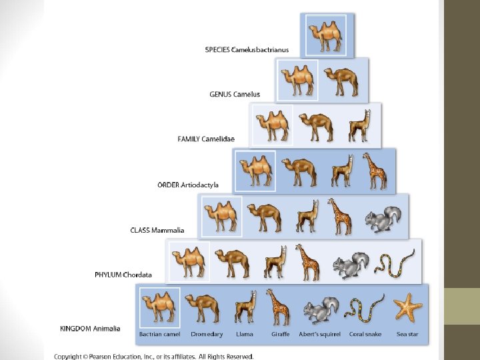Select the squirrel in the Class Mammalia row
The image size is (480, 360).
pyautogui.click(x=384, y=219)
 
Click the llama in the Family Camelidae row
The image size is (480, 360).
pyautogui.click(x=359, y=125)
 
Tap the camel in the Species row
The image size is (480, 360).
pyautogui.click(x=326, y=35)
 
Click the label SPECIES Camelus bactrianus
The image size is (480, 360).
pyautogui.click(x=247, y=50)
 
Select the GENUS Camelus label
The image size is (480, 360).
pyautogui.click(x=235, y=95)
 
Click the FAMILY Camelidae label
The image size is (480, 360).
pyautogui.click(x=206, y=139)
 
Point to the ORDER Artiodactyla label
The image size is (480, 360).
pyautogui.click(x=188, y=185)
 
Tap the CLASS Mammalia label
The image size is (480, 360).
pyautogui.click(x=157, y=231)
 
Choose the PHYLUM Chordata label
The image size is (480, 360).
pyautogui.click(x=123, y=275)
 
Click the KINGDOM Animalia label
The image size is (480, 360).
pyautogui.click(x=91, y=329)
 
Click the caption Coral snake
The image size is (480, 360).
pyautogui.click(x=365, y=334)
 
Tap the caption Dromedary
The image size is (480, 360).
pyautogui.click(x=201, y=334)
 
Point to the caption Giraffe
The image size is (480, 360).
pyautogui.click(x=280, y=334)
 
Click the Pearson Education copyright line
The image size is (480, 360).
pyautogui.click(x=154, y=357)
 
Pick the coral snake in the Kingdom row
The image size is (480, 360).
pyautogui.click(x=363, y=309)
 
